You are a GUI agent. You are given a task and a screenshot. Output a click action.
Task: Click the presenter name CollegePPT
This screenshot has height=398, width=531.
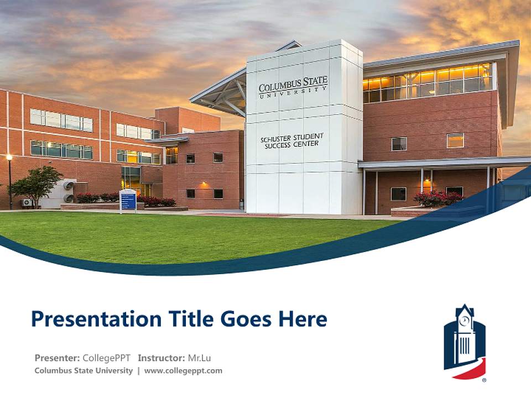106,358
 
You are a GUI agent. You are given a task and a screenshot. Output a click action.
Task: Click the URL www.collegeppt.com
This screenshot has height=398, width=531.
183,370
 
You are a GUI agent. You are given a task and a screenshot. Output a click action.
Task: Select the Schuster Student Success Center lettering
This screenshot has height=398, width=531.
291,140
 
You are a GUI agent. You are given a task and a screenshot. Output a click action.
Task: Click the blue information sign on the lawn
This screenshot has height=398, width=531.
128,200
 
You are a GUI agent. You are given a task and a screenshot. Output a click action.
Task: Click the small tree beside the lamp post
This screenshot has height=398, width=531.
37,184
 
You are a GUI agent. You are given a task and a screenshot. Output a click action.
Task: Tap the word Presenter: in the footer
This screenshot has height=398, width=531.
57,358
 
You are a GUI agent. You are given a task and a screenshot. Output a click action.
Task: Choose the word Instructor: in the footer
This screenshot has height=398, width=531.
162,358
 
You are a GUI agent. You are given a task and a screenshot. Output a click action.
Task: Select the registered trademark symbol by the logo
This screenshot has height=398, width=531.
485,380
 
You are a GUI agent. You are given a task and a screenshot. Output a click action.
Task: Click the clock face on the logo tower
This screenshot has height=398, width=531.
465,320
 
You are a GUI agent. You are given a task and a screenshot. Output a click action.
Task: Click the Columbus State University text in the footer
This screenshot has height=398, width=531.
84,370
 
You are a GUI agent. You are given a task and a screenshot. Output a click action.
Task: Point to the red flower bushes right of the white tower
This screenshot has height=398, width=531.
438,198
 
